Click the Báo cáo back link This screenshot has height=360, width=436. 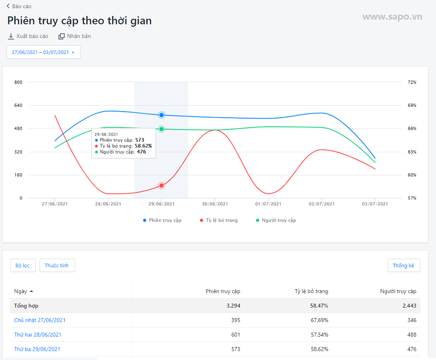point(20,6)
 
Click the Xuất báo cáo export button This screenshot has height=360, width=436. point(28,36)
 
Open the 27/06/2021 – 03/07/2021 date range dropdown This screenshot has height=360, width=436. point(44,52)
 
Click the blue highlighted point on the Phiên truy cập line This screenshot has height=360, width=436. point(162,115)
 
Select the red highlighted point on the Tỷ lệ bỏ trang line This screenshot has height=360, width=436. point(162,186)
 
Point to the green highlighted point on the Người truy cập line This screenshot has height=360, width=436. point(162,129)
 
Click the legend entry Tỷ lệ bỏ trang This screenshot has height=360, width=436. point(218,220)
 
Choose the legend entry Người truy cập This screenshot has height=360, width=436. point(275,220)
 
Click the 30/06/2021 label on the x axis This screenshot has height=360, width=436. point(215,204)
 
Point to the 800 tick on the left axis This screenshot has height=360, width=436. point(18,82)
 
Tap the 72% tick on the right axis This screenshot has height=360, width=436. point(412,82)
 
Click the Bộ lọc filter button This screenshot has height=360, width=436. point(23,265)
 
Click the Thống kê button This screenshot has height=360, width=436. point(403,265)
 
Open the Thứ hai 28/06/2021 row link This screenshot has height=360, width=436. point(38,334)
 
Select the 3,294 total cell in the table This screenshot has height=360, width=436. point(233,306)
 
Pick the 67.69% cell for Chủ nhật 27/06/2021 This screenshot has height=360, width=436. point(319,320)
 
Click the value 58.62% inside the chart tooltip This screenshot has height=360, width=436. point(143,146)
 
